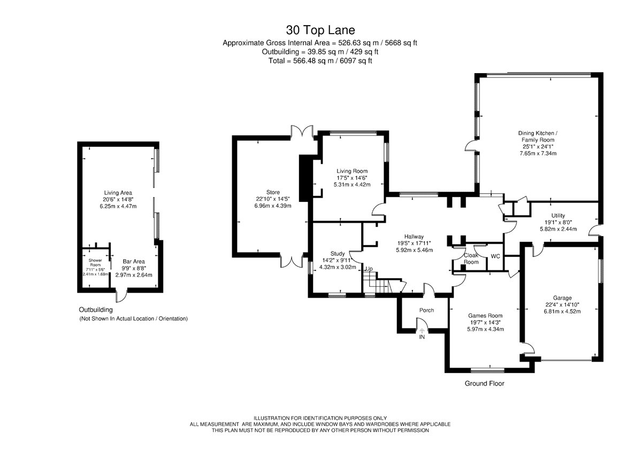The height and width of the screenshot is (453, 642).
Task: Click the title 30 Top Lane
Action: coord(320,30)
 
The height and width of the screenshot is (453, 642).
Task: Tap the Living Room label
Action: coord(352,171)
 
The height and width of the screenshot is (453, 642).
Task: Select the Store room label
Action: coord(273,192)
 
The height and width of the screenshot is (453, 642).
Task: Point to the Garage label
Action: coord(562,298)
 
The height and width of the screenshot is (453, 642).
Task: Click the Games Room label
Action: coord(485,316)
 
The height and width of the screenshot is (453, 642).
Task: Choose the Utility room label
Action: coord(558,215)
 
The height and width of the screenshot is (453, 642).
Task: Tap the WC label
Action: coord(495,256)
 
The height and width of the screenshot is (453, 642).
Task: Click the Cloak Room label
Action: coord(471,259)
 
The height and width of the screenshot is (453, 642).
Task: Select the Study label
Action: coord(338,254)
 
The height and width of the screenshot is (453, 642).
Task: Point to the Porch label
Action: coord(426,310)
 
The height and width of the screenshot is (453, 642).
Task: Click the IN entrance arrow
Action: coord(422,331)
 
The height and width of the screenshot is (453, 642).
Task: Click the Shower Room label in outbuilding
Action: coord(95,263)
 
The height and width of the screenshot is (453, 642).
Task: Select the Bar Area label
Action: coord(134,261)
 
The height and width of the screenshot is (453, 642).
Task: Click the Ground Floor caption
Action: coord(484,384)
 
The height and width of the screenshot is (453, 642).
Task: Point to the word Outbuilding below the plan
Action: coord(96,310)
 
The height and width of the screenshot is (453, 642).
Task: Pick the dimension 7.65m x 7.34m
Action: coord(538,153)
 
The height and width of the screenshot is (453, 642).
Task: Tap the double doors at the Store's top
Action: coord(302,131)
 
